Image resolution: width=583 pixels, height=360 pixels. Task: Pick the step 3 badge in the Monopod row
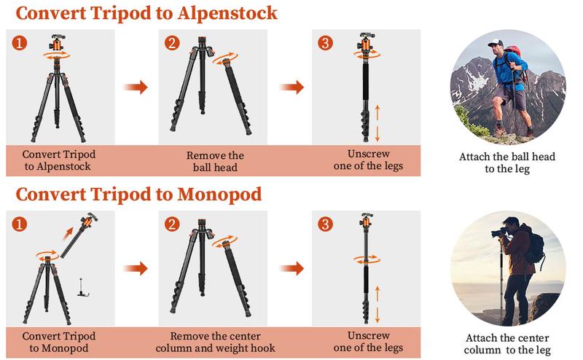(x=325, y=224)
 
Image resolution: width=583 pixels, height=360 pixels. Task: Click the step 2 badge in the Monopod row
(x=172, y=224)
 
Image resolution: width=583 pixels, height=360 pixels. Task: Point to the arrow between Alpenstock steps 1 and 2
(x=135, y=87)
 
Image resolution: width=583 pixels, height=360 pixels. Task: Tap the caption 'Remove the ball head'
(x=216, y=161)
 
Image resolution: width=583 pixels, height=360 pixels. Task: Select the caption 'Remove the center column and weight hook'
(x=216, y=342)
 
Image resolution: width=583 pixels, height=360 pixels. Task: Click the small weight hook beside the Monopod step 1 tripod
(x=84, y=286)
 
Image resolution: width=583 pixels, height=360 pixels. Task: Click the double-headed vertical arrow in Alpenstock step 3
(x=377, y=122)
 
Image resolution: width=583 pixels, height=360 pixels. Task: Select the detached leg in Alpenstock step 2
(x=237, y=98)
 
